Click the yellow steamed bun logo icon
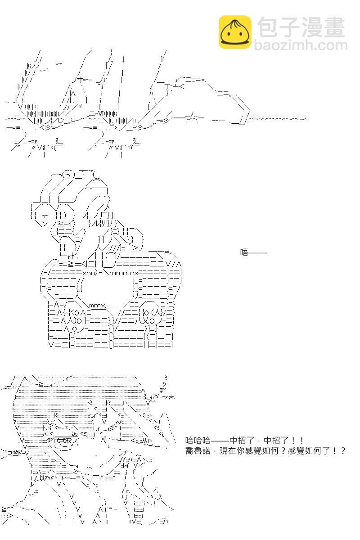coord(235,32)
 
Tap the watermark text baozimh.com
coord(301,45)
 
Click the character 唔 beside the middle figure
coord(244,252)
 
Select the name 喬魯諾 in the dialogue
coord(198,451)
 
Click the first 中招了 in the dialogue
coord(242,441)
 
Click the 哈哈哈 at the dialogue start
coord(198,441)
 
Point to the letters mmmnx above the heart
coord(124,273)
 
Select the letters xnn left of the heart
coord(89,273)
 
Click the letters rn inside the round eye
coord(45,216)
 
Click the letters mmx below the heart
coord(97,306)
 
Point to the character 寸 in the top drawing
coord(79,79)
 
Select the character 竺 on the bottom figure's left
coord(15,453)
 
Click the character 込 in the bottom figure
coord(75,434)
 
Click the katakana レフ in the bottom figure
coord(122,453)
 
